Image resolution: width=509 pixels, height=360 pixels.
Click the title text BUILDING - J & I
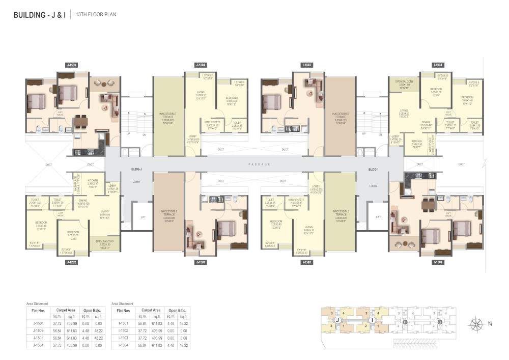40,15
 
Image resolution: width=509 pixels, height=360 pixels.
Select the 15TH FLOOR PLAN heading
96,15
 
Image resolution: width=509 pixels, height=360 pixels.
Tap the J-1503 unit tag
71,65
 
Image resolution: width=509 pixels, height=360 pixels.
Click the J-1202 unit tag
71,262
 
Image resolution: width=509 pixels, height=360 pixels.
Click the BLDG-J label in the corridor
136,169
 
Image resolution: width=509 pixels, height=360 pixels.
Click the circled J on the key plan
336,320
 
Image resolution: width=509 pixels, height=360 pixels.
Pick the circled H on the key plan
405,322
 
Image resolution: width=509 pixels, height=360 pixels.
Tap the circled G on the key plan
439,322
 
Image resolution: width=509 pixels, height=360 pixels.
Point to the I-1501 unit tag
437,262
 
